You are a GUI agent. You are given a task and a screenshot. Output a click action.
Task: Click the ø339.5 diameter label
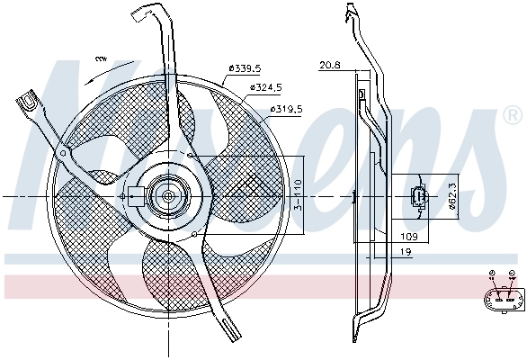pyautogui.click(x=244, y=67)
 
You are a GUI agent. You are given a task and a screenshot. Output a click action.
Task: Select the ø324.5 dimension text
pyautogui.click(x=268, y=87)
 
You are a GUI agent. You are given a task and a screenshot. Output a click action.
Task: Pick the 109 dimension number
pyautogui.click(x=408, y=236)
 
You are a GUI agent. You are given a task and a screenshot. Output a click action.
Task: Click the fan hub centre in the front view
pyautogui.click(x=168, y=194)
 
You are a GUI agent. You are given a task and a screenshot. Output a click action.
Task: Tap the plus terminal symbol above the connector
pyautogui.click(x=492, y=274)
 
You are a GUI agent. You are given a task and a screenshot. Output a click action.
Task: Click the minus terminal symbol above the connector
pyautogui.click(x=512, y=274)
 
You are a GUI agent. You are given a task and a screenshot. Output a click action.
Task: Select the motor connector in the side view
pyautogui.click(x=418, y=197)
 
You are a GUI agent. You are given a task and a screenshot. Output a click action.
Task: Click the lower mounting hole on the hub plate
pyautogui.click(x=195, y=233)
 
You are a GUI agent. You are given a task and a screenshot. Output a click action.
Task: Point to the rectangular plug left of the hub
pyautogui.click(x=134, y=194)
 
